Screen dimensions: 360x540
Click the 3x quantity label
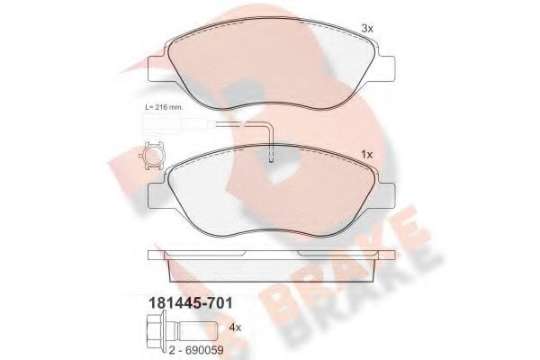coord(367,28)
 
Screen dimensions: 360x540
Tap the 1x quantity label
coord(365,153)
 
